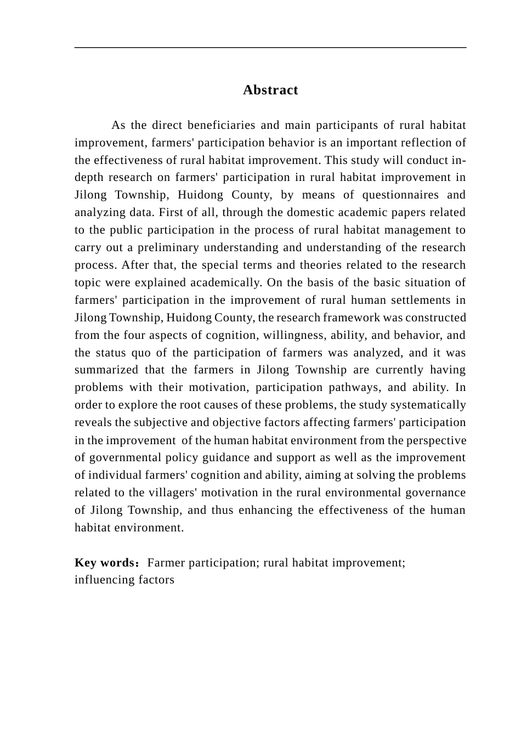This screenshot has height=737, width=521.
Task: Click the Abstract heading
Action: pyautogui.click(x=270, y=90)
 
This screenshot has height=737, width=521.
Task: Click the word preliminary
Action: pyautogui.click(x=167, y=247)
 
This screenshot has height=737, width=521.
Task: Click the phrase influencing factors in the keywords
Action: pyautogui.click(x=124, y=580)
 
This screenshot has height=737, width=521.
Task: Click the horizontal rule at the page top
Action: pyautogui.click(x=270, y=48)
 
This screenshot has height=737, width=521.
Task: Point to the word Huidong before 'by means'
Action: pyautogui.click(x=200, y=195)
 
